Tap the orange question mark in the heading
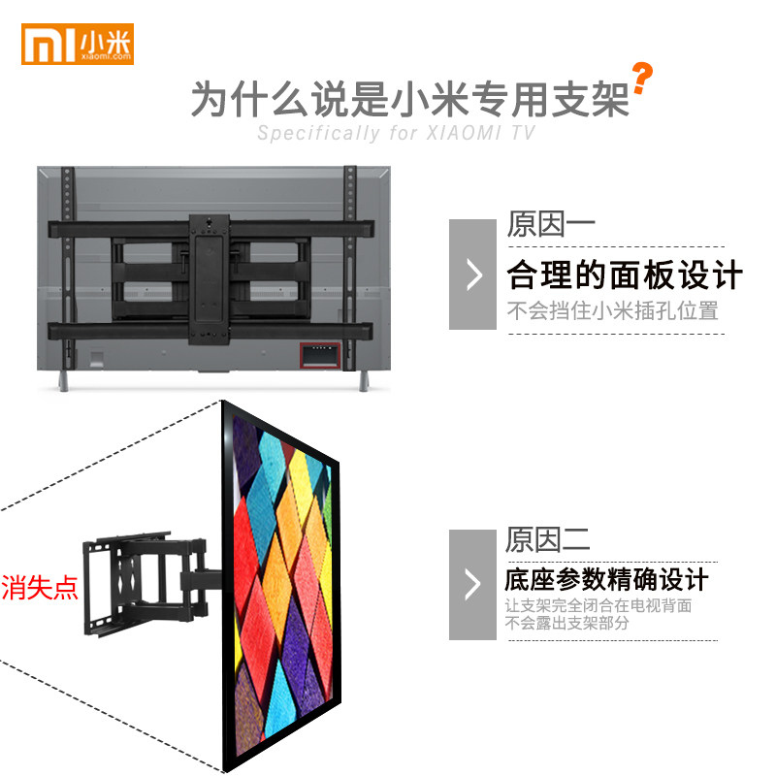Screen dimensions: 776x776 tap(641, 79)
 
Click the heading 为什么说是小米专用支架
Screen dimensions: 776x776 tap(409, 99)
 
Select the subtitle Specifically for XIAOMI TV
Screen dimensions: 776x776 tap(396, 134)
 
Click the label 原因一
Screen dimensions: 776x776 tap(550, 225)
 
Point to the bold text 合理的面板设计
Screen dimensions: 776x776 tap(625, 275)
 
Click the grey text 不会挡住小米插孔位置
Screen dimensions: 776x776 tap(613, 311)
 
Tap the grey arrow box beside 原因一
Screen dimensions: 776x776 tap(472, 274)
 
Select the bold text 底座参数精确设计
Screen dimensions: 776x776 tap(606, 580)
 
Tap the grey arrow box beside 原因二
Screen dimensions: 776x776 tap(472, 584)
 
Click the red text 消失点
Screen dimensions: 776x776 tap(39, 588)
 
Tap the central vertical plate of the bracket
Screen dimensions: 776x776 tap(208, 276)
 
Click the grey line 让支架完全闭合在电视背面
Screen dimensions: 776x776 tap(598, 606)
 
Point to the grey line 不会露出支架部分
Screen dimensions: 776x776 tap(566, 623)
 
